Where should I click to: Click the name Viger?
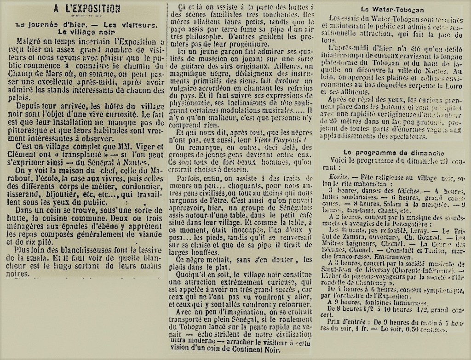[x=136, y=147]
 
